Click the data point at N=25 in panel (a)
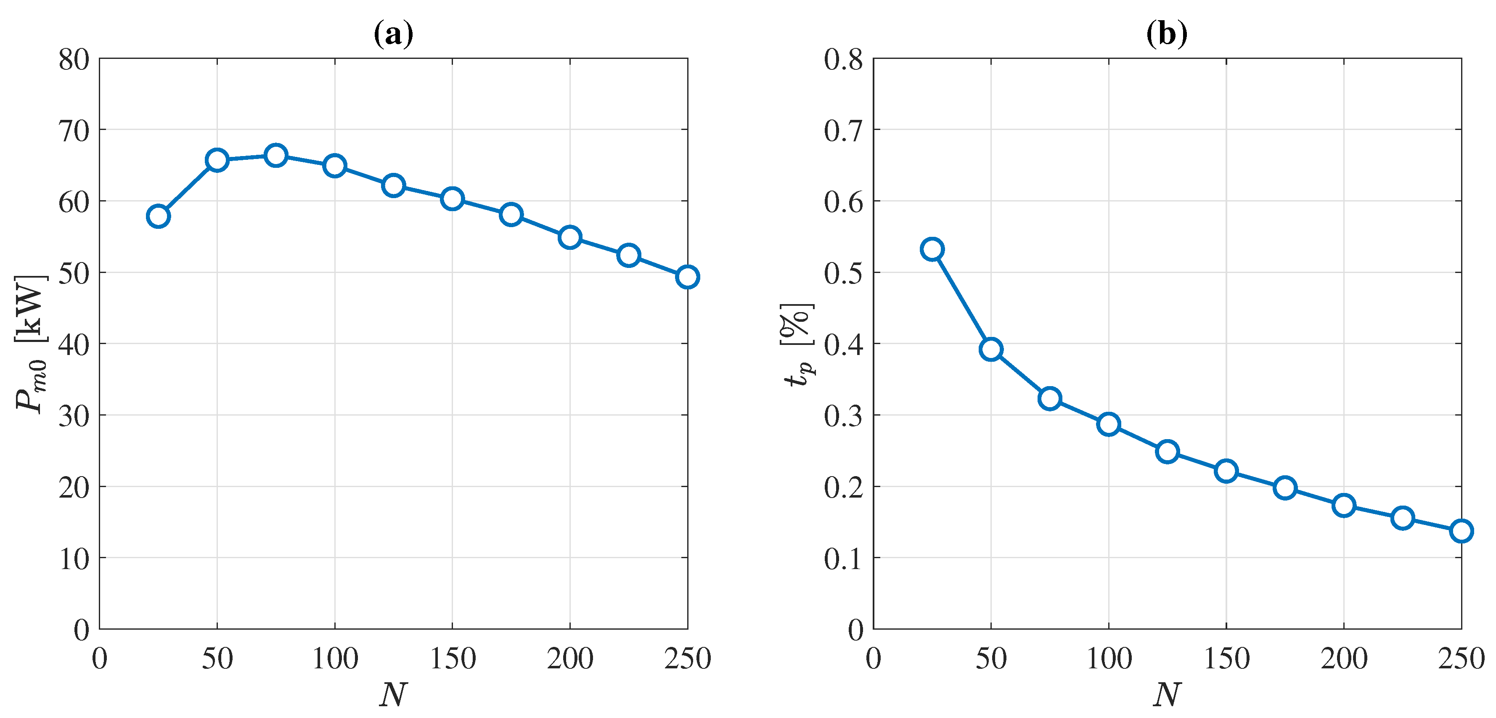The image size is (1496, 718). click(158, 216)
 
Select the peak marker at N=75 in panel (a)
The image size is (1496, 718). click(276, 155)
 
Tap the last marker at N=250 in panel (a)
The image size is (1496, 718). click(687, 277)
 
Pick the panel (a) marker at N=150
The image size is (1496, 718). click(452, 199)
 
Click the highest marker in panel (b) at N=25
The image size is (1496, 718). click(932, 249)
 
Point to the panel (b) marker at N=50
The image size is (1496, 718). click(991, 349)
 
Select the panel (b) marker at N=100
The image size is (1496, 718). click(1109, 424)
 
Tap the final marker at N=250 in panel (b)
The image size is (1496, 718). click(1461, 530)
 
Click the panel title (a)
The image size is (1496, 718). click(393, 34)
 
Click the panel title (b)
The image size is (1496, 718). click(1167, 34)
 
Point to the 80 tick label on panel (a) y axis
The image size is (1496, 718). click(74, 59)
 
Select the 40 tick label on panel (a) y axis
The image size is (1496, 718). click(74, 344)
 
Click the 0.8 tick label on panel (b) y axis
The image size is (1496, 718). click(843, 59)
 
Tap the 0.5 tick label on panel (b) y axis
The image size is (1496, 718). click(843, 273)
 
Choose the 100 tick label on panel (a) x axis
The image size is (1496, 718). click(335, 659)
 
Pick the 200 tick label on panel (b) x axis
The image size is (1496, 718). click(1344, 659)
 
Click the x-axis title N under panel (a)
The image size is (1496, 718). click(393, 694)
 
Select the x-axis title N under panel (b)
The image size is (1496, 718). click(1167, 694)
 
